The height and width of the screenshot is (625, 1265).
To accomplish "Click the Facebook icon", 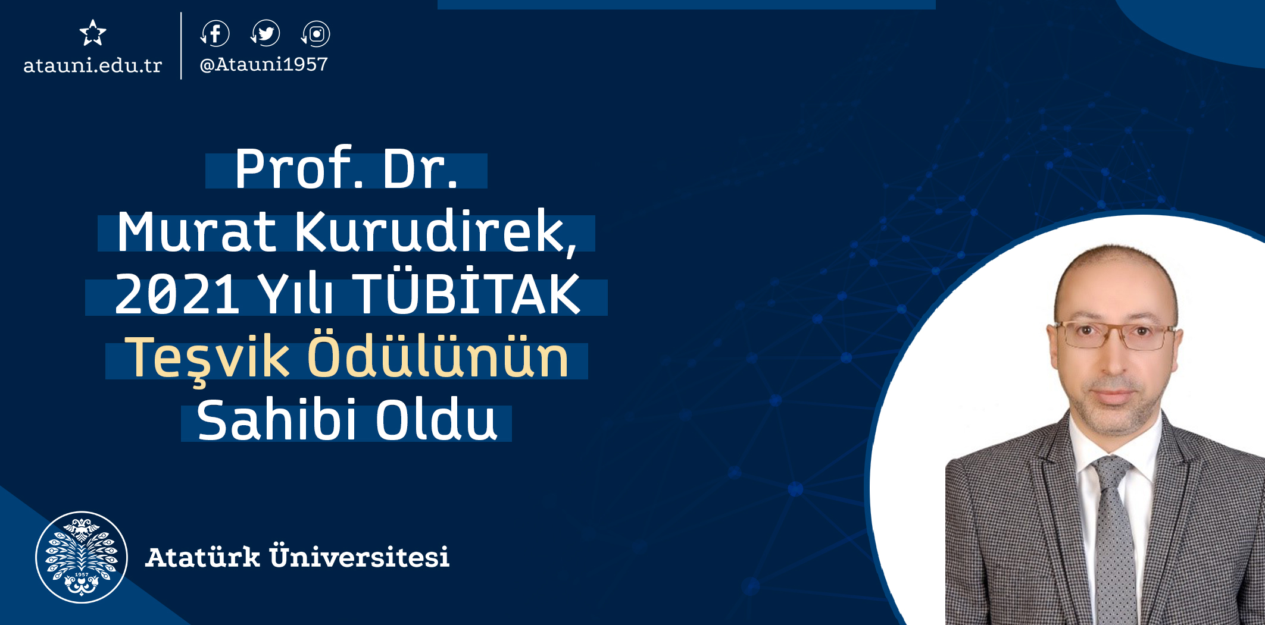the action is (x=215, y=33).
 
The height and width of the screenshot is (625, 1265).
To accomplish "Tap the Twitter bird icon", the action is (x=266, y=33).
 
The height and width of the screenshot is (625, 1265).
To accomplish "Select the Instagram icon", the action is (x=316, y=34).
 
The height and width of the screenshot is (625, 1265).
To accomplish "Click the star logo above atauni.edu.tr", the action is (x=93, y=33).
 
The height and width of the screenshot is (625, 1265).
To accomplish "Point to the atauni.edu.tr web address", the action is (x=92, y=65).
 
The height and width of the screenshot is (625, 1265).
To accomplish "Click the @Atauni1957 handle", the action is (x=264, y=64).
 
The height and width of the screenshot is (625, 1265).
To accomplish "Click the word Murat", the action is (x=196, y=231).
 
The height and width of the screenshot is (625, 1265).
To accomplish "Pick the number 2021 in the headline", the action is (x=177, y=294).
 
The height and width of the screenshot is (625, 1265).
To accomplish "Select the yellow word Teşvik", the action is (x=207, y=358).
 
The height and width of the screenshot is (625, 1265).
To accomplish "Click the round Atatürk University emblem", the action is (x=82, y=557).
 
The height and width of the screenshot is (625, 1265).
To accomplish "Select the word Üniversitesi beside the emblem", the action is (x=359, y=556).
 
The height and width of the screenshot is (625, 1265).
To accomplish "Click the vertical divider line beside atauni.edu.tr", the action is (x=181, y=46).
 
